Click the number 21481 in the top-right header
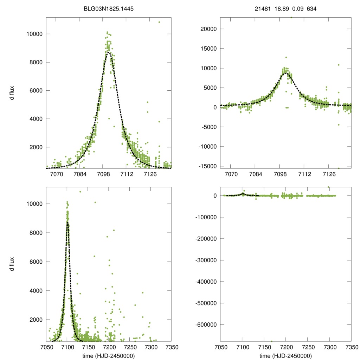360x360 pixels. pyautogui.click(x=263, y=8)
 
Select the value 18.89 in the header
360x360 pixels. pyautogui.click(x=282, y=8)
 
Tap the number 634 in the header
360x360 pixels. pyautogui.click(x=311, y=8)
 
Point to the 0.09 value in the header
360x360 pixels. pyautogui.click(x=297, y=8)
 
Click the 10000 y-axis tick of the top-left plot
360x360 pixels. pyautogui.click(x=35, y=34)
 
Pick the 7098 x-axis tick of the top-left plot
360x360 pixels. pyautogui.click(x=103, y=173)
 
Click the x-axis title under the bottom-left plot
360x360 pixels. pyautogui.click(x=109, y=355)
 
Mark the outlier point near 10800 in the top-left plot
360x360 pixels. pyautogui.click(x=159, y=22)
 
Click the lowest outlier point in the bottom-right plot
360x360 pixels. pyautogui.click(x=271, y=341)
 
